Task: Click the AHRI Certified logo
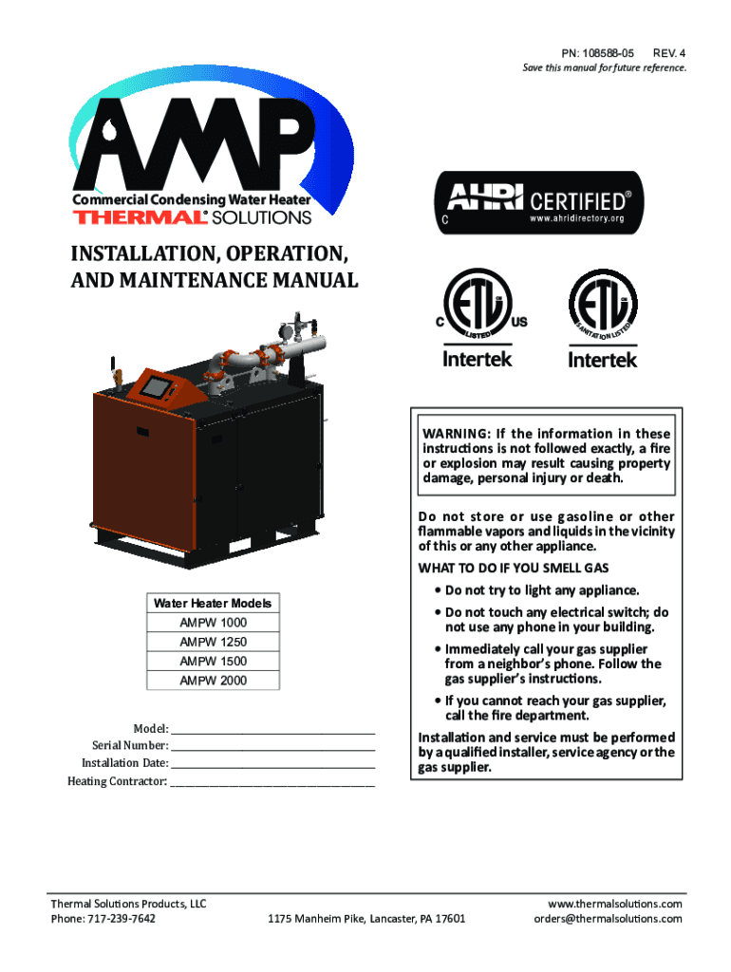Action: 533,203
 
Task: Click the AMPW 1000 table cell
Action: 213,623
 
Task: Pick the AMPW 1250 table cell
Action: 213,642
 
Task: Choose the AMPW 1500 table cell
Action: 213,661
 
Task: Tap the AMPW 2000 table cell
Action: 213,681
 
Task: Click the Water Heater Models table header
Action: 213,603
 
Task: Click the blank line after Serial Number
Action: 273,747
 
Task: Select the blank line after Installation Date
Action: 273,764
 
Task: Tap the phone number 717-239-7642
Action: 121,919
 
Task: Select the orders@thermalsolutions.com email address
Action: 608,919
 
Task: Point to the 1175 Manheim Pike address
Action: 366,919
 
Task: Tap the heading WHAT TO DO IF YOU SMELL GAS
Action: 513,568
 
